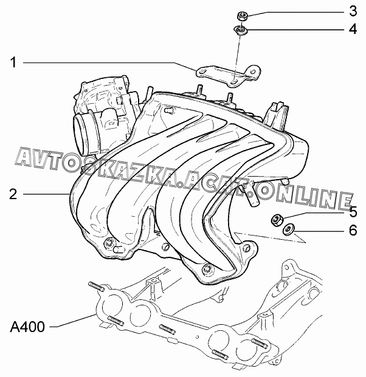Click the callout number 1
(13, 62)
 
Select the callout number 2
(13, 194)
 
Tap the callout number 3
(353, 11)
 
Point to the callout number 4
(353, 29)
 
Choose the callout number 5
(353, 212)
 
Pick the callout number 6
(353, 230)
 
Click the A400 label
(27, 327)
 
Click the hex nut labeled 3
(241, 16)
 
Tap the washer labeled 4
(240, 30)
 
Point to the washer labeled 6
(287, 230)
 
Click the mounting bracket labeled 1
(228, 75)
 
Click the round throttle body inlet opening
(80, 134)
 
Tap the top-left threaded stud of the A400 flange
(96, 287)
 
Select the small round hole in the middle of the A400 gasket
(197, 337)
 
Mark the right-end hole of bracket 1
(252, 72)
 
